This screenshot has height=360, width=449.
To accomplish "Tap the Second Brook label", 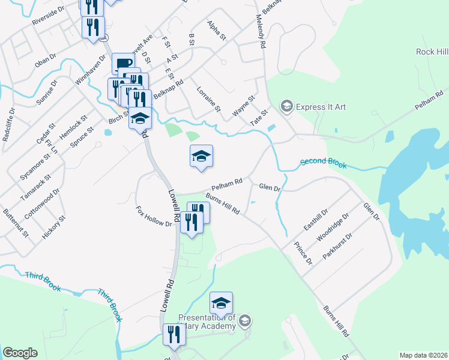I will click(x=323, y=162).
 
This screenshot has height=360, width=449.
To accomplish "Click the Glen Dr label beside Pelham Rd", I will click(x=270, y=188).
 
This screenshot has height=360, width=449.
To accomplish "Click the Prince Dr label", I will click(x=303, y=253).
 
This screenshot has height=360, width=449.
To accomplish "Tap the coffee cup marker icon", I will click(x=124, y=63).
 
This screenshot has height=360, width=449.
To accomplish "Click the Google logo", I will click(x=20, y=353).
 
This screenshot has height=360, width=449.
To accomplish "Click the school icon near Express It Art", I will click(x=287, y=107).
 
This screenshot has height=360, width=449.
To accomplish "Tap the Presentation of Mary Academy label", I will click(x=207, y=322).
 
